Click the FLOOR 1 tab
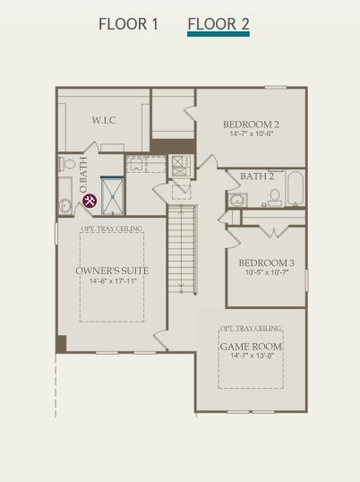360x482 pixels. pyautogui.click(x=128, y=24)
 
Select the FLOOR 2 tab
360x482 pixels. pyautogui.click(x=219, y=24)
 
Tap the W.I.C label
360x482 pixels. pyautogui.click(x=104, y=120)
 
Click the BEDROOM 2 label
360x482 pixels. pyautogui.click(x=252, y=125)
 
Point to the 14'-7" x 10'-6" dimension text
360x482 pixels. pyautogui.click(x=252, y=133)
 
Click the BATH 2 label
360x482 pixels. pyautogui.click(x=257, y=176)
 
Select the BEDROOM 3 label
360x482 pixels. pyautogui.click(x=267, y=263)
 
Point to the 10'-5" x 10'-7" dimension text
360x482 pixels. pyautogui.click(x=267, y=272)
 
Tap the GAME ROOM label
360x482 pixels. pyautogui.click(x=251, y=347)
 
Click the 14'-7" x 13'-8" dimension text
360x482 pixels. pyautogui.click(x=252, y=356)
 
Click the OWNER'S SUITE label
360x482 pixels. pyautogui.click(x=112, y=271)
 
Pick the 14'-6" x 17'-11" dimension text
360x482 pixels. pyautogui.click(x=113, y=281)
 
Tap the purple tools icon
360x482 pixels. pyautogui.click(x=90, y=201)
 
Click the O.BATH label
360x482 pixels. pyautogui.click(x=83, y=175)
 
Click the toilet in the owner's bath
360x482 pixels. pyautogui.click(x=67, y=164)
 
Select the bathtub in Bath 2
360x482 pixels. pyautogui.click(x=296, y=188)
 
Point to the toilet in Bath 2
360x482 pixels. pyautogui.click(x=275, y=198)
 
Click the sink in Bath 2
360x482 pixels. pyautogui.click(x=238, y=201)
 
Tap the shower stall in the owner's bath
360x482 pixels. pyautogui.click(x=113, y=195)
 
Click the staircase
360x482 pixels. pyautogui.click(x=182, y=250)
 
